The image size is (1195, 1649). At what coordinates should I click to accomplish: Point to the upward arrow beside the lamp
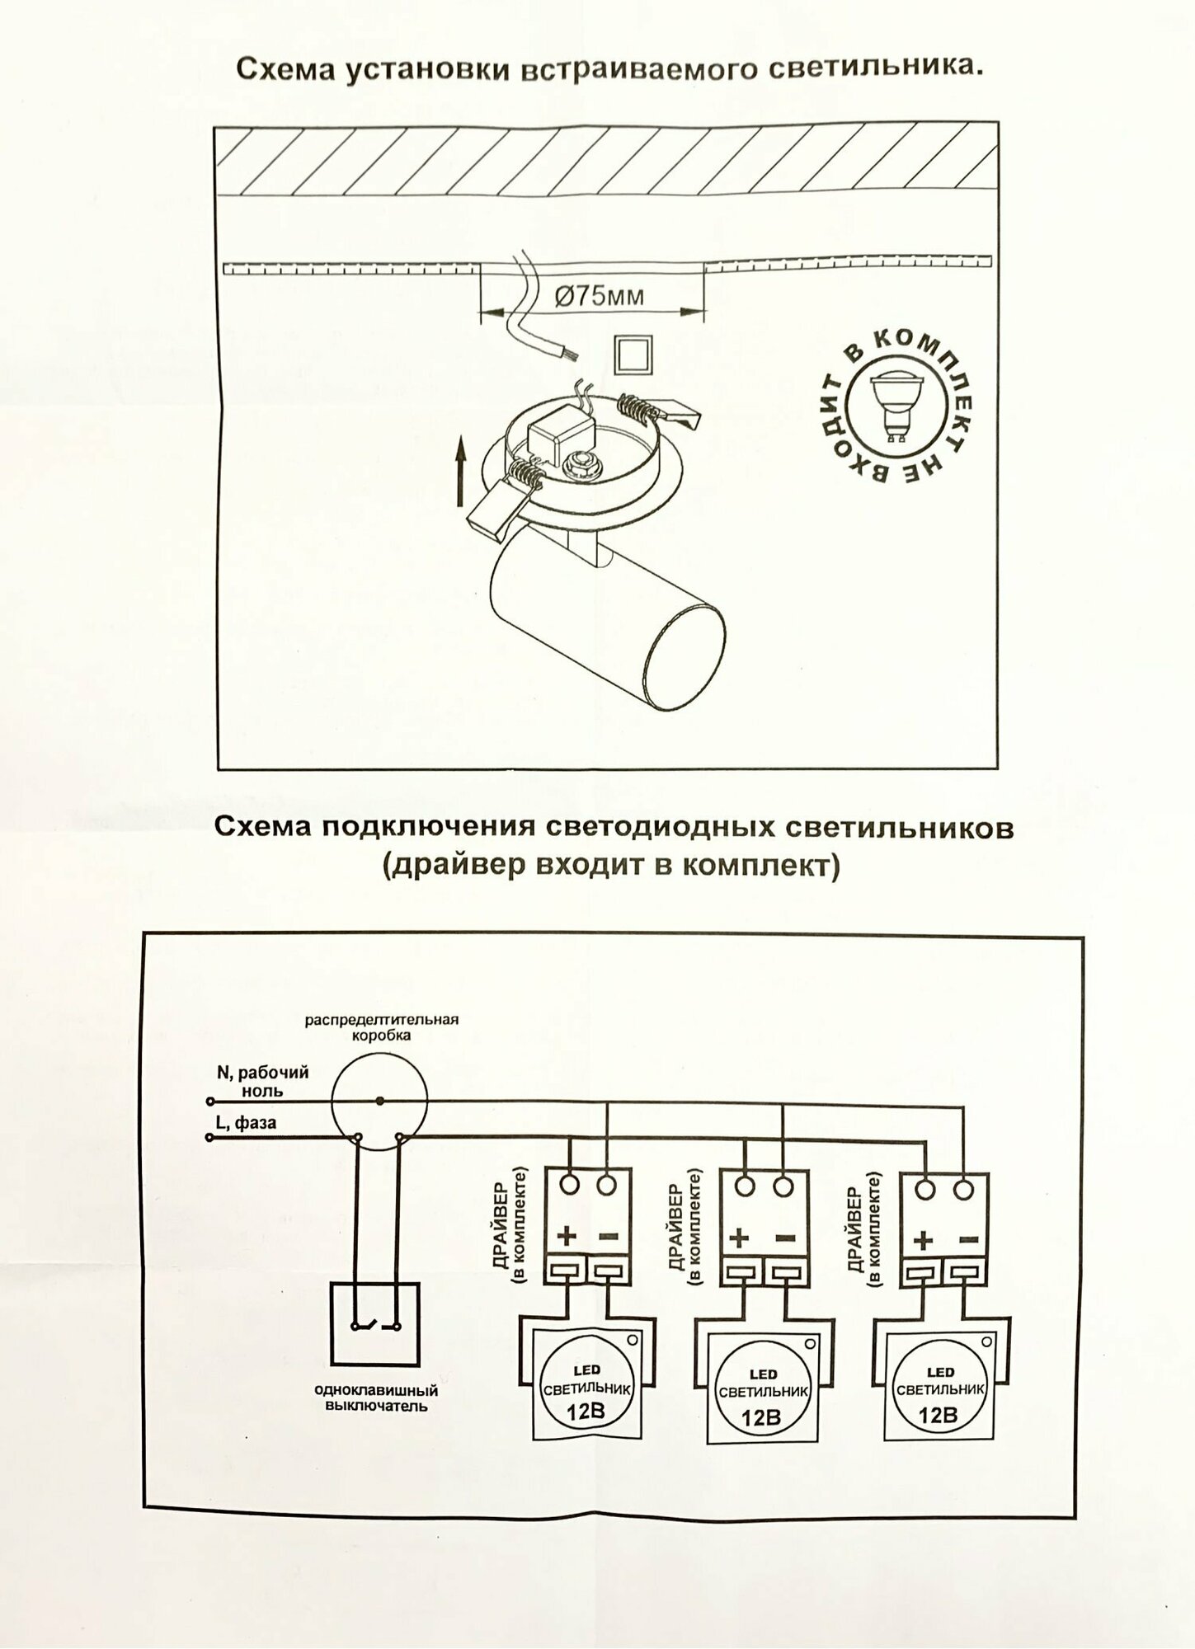pyautogui.click(x=461, y=471)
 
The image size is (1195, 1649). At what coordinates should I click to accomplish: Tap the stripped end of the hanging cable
pyautogui.click(x=567, y=355)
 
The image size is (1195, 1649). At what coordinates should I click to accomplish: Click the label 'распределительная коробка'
pyautogui.click(x=381, y=1027)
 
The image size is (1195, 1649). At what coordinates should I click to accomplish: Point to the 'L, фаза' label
pyautogui.click(x=246, y=1123)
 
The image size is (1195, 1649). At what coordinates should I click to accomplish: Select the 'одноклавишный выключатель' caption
pyautogui.click(x=376, y=1398)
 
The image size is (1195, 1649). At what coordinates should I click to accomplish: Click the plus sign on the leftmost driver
pyautogui.click(x=567, y=1236)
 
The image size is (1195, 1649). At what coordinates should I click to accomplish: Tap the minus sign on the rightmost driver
pyautogui.click(x=969, y=1240)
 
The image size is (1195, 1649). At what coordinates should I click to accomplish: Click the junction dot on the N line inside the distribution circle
pyautogui.click(x=379, y=1101)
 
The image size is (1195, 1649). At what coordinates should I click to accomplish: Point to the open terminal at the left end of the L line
pyautogui.click(x=209, y=1138)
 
